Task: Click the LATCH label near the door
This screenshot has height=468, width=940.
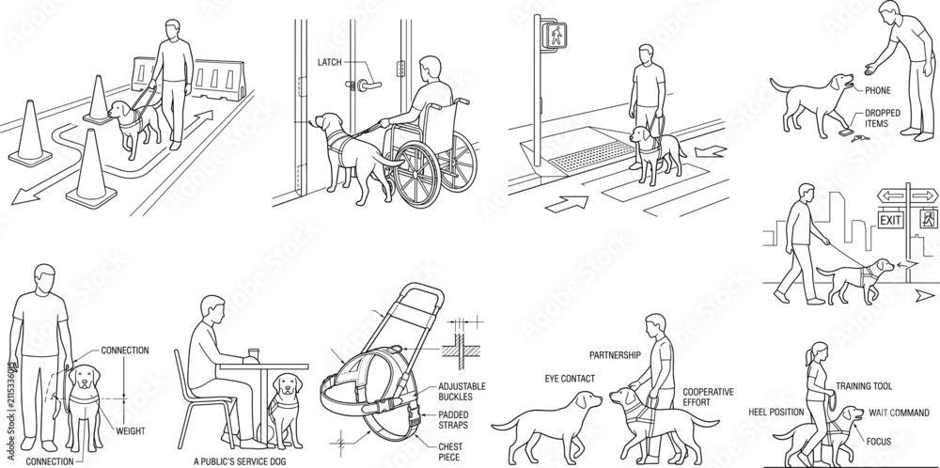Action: tap(329, 62)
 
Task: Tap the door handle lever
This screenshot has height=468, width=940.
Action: tap(368, 86)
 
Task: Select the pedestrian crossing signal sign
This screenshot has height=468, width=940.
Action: tap(554, 36)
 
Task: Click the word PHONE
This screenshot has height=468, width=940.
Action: tap(878, 91)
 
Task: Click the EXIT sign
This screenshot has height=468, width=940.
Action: tap(890, 220)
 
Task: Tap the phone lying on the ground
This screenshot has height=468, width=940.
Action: tap(846, 133)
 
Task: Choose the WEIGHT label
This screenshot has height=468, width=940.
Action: tap(130, 430)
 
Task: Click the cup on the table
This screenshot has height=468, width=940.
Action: tap(253, 355)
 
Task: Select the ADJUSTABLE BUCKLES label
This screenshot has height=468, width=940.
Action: tap(462, 392)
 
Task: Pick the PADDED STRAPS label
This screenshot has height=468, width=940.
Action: tap(453, 420)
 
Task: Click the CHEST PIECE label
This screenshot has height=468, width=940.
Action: tap(449, 452)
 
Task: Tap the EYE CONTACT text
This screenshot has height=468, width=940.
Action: tap(570, 379)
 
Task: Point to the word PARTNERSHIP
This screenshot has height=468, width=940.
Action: tap(615, 355)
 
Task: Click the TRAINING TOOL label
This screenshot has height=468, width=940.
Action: tap(864, 386)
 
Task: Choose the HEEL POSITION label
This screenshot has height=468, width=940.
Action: tap(775, 413)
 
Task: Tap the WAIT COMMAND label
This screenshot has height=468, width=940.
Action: tap(900, 413)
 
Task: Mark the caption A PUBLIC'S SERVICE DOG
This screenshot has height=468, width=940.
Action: tap(240, 461)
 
